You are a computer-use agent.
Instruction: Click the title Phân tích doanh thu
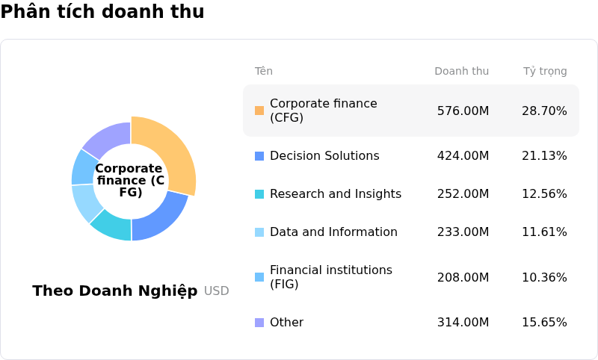[102, 12]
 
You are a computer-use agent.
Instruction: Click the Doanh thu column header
[461, 72]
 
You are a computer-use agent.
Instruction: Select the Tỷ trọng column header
[545, 72]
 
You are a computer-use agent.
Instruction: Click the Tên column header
[264, 72]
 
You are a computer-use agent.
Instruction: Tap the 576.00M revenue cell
[463, 111]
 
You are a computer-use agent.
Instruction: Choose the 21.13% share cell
[544, 156]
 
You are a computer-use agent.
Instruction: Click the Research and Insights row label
[335, 194]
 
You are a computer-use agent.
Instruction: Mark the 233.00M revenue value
[463, 232]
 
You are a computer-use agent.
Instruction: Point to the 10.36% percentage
[544, 278]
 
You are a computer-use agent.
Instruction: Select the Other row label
[286, 323]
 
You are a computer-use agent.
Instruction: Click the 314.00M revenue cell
[463, 323]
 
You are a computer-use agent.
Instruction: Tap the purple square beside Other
[259, 323]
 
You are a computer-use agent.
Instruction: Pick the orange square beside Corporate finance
[259, 111]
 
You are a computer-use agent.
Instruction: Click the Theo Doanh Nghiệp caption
[115, 291]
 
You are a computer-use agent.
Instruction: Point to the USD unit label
[217, 291]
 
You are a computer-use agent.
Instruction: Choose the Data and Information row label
[333, 232]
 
